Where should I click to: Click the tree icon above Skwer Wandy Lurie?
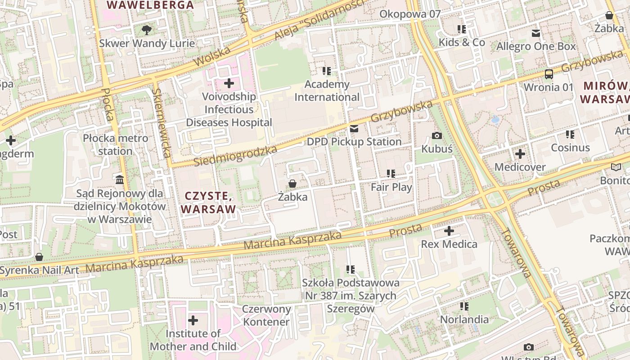point(146,30)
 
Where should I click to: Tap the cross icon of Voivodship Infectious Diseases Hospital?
point(229,83)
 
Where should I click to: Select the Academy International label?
point(327,91)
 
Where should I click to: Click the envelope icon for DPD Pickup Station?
point(354,129)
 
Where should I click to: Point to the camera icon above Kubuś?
point(436,135)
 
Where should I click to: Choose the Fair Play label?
point(391,187)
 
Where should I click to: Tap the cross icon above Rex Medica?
point(449,231)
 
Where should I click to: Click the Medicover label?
point(520,167)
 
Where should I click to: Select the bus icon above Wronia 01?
point(549,74)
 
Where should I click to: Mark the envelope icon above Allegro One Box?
point(536,33)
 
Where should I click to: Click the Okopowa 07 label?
point(410,14)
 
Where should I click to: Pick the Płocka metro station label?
point(115,144)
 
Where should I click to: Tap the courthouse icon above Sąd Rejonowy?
point(120,180)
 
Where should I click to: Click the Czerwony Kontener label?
point(266,315)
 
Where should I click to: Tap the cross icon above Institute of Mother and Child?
point(193,320)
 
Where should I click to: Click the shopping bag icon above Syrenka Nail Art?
point(39,257)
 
